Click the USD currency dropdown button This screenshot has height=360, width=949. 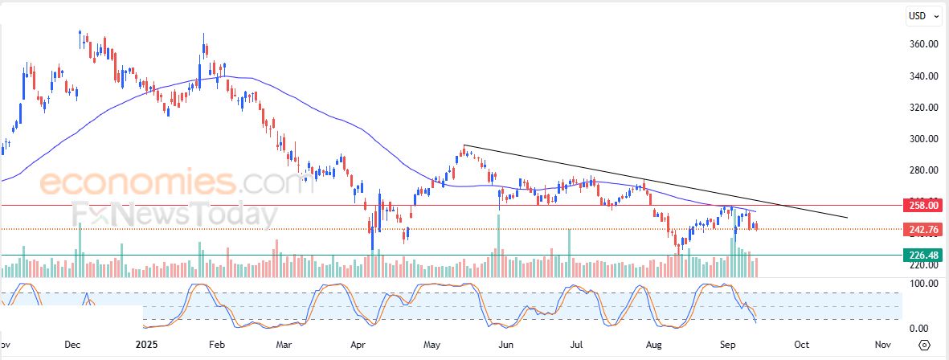point(921,15)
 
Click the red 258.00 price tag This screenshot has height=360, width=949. point(921,206)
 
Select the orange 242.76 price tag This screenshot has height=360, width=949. point(921,230)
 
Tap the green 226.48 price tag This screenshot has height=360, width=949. point(921,256)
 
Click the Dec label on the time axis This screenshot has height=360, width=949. point(72,345)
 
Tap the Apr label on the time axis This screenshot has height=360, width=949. point(358,345)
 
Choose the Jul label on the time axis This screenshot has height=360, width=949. point(576,345)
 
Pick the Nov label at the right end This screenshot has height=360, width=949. point(882,345)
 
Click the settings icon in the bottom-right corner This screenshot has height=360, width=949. point(924,345)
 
